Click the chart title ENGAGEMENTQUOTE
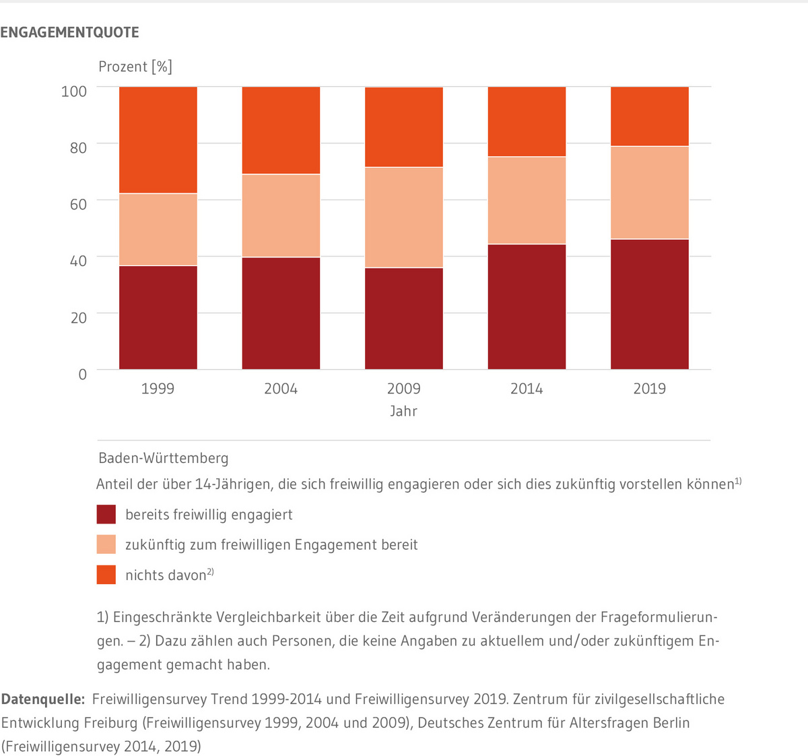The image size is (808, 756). click(x=69, y=32)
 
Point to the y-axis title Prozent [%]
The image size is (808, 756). click(x=135, y=67)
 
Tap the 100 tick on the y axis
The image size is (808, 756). click(x=74, y=91)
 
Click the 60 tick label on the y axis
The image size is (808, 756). click(x=78, y=204)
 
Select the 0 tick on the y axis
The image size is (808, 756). click(x=82, y=374)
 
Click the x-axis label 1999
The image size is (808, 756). click(x=158, y=389)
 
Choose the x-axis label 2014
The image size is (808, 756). click(x=527, y=389)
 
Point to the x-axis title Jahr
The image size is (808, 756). click(x=403, y=411)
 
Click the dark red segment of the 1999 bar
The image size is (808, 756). click(x=158, y=317)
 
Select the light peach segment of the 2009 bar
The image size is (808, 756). click(x=404, y=217)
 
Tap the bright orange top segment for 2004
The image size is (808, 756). click(x=281, y=130)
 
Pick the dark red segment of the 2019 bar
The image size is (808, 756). click(x=650, y=304)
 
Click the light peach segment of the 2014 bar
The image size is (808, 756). click(x=527, y=200)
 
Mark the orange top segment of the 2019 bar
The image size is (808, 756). click(x=650, y=116)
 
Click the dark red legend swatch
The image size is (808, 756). click(x=106, y=515)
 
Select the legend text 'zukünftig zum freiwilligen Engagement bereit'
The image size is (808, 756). click(x=271, y=544)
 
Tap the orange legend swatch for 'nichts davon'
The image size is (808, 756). click(x=106, y=575)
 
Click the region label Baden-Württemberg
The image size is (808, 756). click(x=164, y=458)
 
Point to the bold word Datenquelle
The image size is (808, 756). click(x=42, y=699)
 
